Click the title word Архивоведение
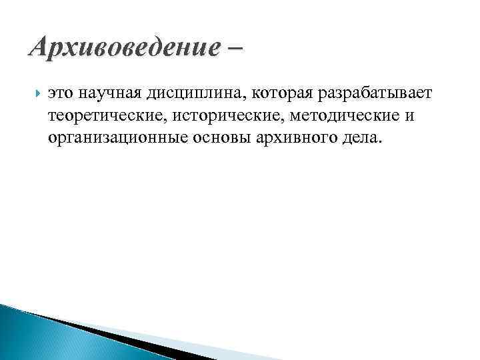click(124, 47)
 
